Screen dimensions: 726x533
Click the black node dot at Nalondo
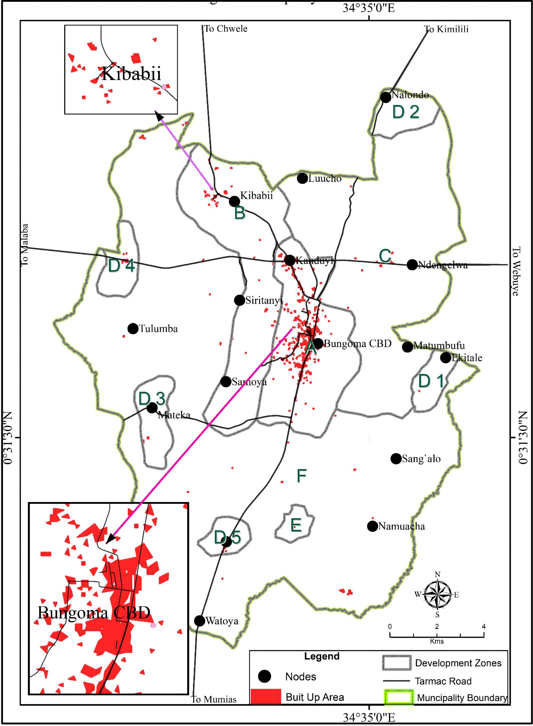tap(386, 97)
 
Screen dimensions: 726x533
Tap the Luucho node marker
tap(302, 178)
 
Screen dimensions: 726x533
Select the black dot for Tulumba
tap(133, 329)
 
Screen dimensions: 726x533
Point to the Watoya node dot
tap(200, 621)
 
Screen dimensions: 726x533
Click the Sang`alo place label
tap(421, 459)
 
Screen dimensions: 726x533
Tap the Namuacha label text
tap(401, 526)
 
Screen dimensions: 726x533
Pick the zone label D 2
tap(406, 112)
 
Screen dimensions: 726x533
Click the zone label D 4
tap(121, 266)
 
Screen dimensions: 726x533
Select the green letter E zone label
tap(296, 525)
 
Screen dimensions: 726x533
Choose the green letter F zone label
tap(301, 476)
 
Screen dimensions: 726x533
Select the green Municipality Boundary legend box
tap(398, 697)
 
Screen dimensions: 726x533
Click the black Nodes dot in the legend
tap(265, 676)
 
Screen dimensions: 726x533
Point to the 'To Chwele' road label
tap(226, 29)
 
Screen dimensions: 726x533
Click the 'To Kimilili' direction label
tap(446, 29)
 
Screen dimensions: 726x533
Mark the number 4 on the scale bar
tap(484, 626)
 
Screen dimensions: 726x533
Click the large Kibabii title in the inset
tap(131, 74)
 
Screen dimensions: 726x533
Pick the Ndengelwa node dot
tap(412, 265)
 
